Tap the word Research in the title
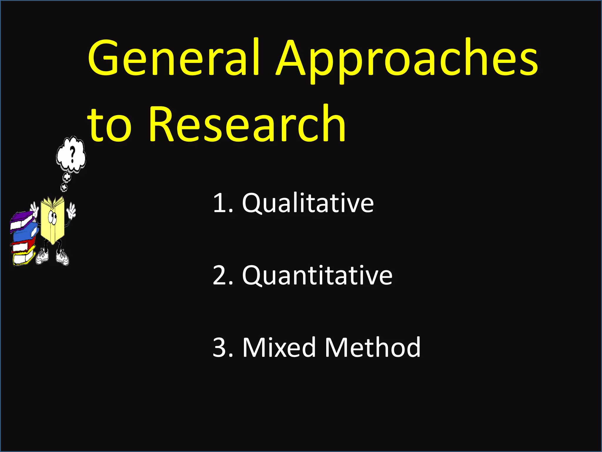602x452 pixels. (247, 124)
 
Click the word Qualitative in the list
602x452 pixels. (307, 203)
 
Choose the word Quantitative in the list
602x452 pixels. (317, 275)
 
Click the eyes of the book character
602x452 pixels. (53, 217)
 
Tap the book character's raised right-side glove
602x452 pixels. (71, 211)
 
